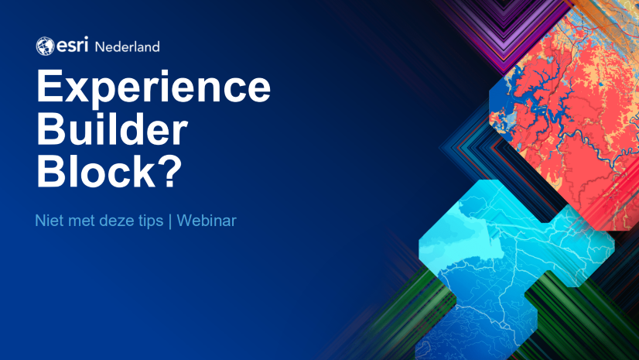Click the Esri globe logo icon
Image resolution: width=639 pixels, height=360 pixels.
(x=45, y=46)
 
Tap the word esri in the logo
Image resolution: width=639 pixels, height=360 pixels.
(x=72, y=46)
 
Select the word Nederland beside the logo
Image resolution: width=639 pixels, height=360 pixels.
(x=127, y=46)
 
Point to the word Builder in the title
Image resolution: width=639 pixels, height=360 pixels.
(x=112, y=132)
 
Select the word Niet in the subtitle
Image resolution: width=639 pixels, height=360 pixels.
(x=48, y=221)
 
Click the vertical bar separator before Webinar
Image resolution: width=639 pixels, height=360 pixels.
(x=171, y=221)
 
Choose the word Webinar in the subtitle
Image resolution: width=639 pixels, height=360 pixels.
(x=207, y=221)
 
